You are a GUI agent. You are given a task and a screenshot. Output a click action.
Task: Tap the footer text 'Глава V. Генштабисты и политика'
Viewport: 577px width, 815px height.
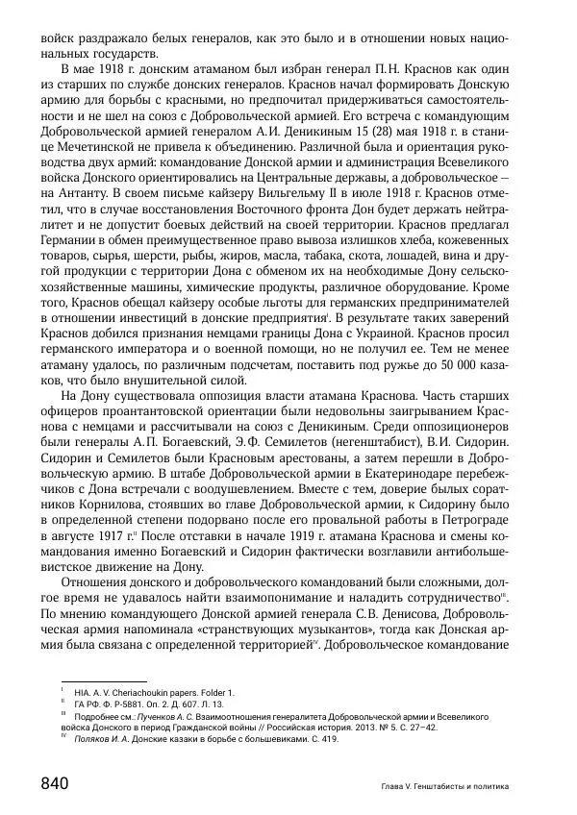tap(444, 786)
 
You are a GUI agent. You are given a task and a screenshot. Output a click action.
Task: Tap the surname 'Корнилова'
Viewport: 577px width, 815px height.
tap(105, 525)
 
